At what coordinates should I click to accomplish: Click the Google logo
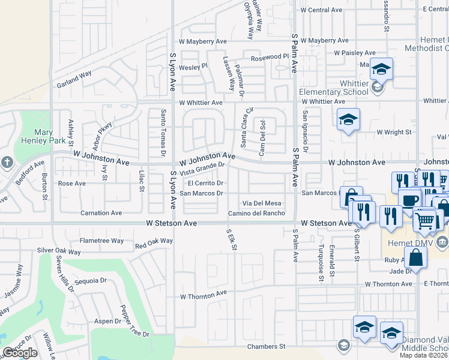20,353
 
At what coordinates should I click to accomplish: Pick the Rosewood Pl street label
270,57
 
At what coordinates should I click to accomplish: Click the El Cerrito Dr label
206,183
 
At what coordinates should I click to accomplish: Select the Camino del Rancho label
256,214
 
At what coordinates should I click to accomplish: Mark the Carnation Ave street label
101,213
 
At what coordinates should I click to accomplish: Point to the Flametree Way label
101,241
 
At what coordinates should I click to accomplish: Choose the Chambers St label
266,347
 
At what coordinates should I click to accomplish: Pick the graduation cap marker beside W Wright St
348,119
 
